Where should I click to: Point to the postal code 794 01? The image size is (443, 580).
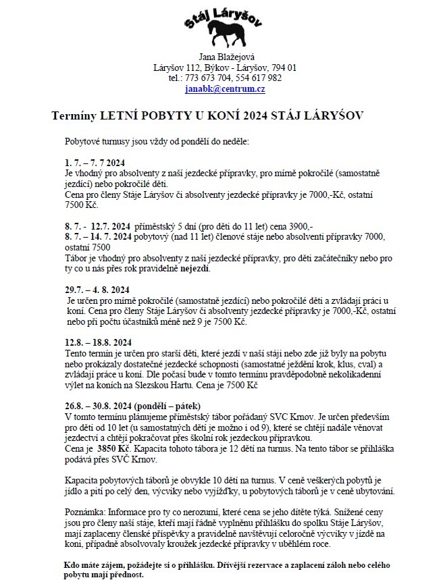tap(284, 68)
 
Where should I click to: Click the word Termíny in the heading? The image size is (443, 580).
tap(74, 117)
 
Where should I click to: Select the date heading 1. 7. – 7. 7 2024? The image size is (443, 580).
tap(95, 163)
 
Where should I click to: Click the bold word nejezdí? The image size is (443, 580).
tap(194, 269)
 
